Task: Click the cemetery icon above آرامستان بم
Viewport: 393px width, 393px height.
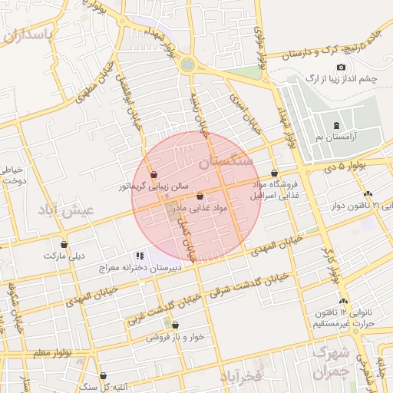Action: (335, 125)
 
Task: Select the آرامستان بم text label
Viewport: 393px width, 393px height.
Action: (336, 137)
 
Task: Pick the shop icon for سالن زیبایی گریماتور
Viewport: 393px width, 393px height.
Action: (154, 174)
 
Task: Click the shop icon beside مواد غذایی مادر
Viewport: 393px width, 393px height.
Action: (200, 196)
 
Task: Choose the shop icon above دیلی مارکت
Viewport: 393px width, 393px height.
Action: (64, 245)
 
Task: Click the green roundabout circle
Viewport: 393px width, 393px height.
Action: (187, 66)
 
